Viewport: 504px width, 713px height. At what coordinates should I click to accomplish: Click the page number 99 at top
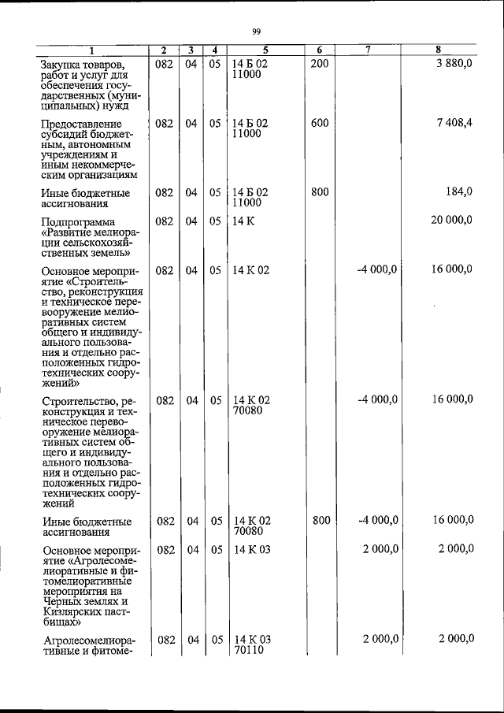[x=256, y=32]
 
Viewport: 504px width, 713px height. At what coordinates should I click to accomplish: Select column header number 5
[x=265, y=50]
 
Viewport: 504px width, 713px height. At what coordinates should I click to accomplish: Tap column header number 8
[x=438, y=50]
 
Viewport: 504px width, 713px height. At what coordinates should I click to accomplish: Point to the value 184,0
[x=458, y=192]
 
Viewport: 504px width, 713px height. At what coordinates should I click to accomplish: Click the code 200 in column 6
[x=319, y=63]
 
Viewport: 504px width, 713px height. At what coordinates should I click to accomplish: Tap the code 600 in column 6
[x=319, y=124]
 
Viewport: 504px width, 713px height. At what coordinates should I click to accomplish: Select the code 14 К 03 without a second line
[x=252, y=549]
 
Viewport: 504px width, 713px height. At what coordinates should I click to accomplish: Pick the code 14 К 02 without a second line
[x=252, y=270]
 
